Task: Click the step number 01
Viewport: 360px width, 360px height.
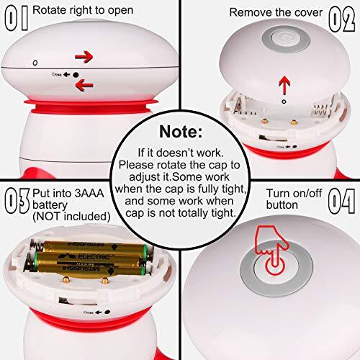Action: (x=17, y=15)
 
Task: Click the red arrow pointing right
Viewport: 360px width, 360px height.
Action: (x=84, y=55)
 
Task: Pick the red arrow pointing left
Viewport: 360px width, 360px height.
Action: (x=84, y=86)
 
